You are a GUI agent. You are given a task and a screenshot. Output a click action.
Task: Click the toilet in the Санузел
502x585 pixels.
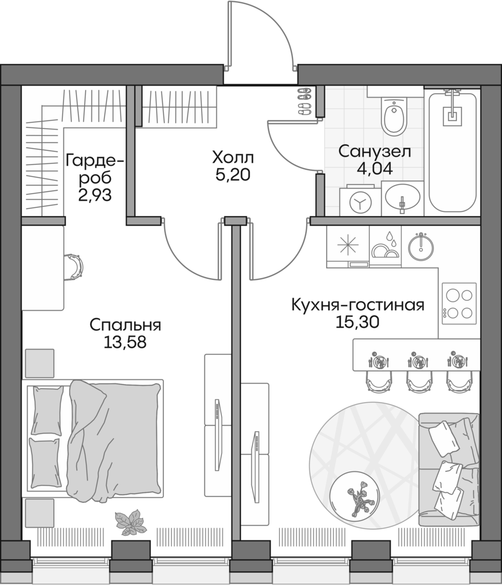click(393, 117)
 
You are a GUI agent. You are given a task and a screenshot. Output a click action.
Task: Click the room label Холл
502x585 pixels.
click(232, 157)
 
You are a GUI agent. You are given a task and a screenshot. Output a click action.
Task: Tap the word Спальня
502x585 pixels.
click(126, 325)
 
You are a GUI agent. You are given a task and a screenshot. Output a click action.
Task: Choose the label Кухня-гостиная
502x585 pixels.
click(358, 304)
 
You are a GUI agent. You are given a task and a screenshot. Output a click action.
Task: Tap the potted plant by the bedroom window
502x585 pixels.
click(129, 521)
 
